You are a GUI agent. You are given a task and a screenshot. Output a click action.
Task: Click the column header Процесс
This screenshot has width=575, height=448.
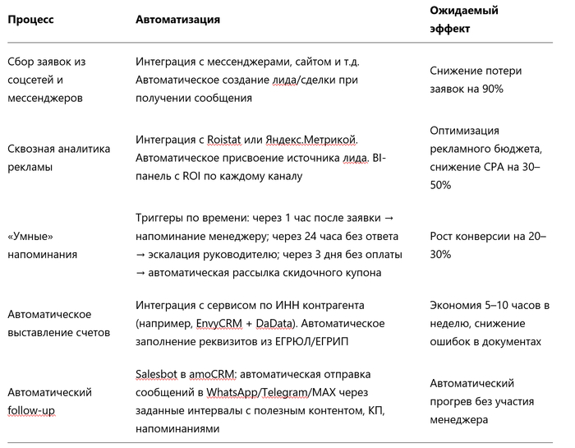pyautogui.click(x=30, y=20)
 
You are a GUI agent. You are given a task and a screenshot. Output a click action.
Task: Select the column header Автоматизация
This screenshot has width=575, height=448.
pyautogui.click(x=176, y=20)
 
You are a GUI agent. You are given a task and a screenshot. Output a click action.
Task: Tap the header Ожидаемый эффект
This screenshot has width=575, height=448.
pyautogui.click(x=464, y=20)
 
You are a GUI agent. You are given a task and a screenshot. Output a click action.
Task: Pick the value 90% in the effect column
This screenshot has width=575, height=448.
pyautogui.click(x=491, y=88)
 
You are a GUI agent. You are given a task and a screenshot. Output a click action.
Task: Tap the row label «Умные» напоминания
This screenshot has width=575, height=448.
pyautogui.click(x=43, y=245)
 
